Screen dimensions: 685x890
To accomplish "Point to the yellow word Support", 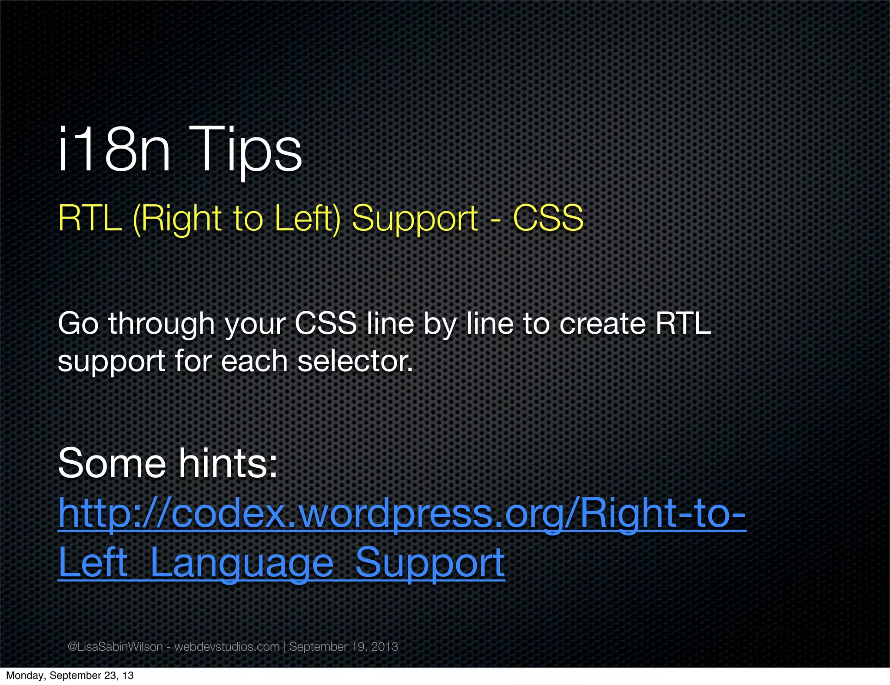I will (415, 219).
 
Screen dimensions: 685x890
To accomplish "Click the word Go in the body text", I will (78, 324).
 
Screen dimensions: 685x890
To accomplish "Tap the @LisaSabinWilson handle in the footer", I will (115, 647).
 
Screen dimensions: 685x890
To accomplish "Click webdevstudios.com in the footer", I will (227, 647).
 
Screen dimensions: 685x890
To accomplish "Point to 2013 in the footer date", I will (385, 647).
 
